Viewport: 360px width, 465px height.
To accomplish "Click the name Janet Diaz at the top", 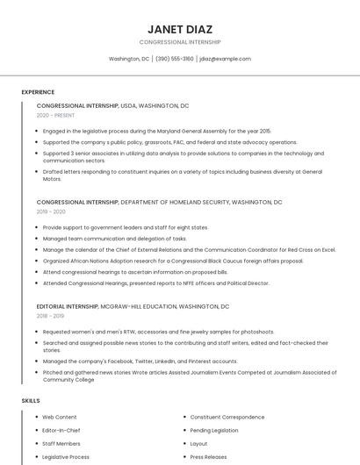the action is point(179,29).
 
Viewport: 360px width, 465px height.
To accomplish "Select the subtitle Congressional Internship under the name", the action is point(179,42).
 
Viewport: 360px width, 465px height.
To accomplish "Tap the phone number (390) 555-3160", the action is point(175,59).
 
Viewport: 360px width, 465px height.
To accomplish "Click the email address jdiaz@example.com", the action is point(225,59).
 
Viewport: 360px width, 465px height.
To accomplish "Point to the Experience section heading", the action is point(38,92).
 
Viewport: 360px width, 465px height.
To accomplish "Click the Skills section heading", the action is point(31,401).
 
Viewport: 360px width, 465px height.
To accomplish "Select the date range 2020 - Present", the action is point(55,115).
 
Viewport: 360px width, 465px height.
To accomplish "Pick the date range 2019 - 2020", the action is point(51,211).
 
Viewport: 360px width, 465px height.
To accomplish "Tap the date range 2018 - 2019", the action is point(50,316).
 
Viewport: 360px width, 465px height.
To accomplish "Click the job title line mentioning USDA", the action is point(112,105).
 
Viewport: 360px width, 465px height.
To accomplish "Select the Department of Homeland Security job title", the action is point(159,202).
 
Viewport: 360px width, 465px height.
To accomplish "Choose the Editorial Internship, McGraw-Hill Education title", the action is point(133,306).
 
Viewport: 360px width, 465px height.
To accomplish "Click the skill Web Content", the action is point(60,417).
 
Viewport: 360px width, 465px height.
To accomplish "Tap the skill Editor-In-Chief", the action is point(61,431).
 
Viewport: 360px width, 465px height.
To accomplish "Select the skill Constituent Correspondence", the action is point(227,417).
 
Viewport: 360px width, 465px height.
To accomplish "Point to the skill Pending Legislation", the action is point(214,431).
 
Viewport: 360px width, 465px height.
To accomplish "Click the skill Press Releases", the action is point(208,457).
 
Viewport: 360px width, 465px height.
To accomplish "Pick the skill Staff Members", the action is point(61,444).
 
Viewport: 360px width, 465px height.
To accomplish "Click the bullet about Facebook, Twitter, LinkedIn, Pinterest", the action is point(140,361).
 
